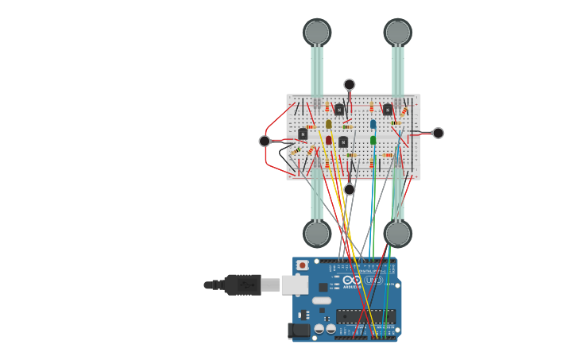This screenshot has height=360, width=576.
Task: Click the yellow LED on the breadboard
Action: (x=329, y=124)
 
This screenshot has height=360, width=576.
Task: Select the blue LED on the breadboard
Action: (x=373, y=125)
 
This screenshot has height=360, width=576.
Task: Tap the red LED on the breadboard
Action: (x=329, y=140)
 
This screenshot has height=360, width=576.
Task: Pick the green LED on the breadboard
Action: (x=373, y=140)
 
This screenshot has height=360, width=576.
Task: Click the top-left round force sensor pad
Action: (x=316, y=32)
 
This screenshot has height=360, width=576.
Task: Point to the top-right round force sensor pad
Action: (x=397, y=32)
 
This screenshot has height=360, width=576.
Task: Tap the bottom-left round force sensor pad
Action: (x=316, y=234)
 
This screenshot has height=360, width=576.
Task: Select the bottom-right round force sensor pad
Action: (x=397, y=234)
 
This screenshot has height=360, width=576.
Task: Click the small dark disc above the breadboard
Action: (x=350, y=84)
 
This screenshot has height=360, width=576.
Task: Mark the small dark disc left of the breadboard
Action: (x=265, y=141)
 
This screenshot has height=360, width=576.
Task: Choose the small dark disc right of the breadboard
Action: (x=438, y=133)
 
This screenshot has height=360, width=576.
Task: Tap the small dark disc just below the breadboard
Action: (x=350, y=189)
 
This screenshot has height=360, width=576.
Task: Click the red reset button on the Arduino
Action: (x=302, y=265)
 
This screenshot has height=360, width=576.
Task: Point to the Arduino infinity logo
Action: (x=352, y=280)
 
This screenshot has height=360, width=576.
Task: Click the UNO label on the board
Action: (x=373, y=280)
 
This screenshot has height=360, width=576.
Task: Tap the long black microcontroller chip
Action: (x=365, y=315)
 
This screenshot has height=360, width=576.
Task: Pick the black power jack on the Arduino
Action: (x=300, y=330)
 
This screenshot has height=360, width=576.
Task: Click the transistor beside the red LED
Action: (x=343, y=141)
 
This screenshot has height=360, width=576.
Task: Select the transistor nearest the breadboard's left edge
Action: (x=303, y=134)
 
